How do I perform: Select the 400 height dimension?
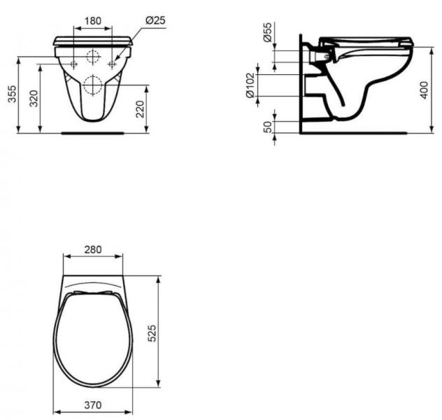click(x=424, y=88)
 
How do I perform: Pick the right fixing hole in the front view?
click(x=110, y=64)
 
